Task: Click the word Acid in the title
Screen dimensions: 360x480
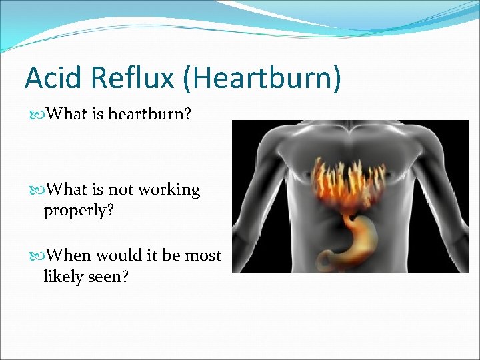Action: tap(51, 78)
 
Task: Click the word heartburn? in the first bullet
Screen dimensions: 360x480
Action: tap(150, 114)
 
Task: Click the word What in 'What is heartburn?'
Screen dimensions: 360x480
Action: tap(69, 114)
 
